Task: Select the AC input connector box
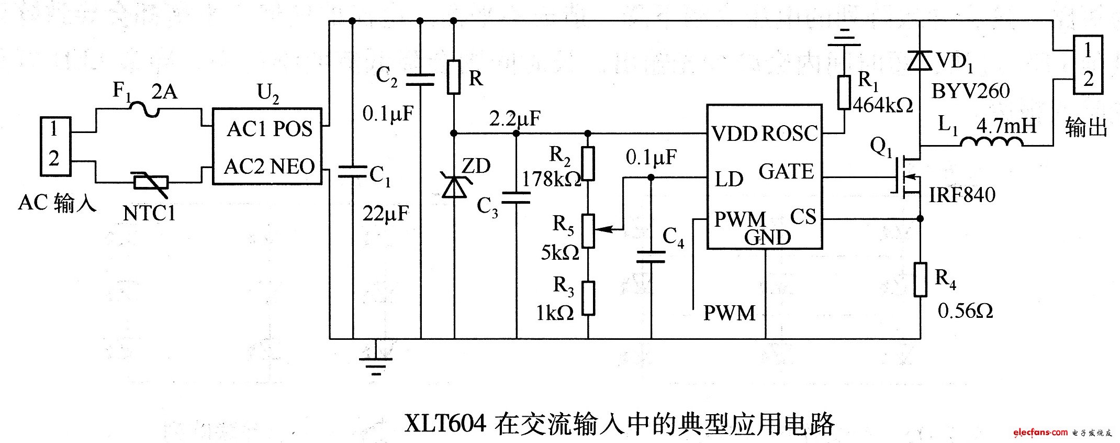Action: (x=55, y=146)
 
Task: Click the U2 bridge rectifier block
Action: (x=267, y=147)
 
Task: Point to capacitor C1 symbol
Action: (x=352, y=171)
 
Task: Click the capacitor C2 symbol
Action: (x=420, y=80)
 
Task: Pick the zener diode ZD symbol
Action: (x=454, y=186)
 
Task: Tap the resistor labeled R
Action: (x=454, y=77)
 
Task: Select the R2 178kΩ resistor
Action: (x=588, y=164)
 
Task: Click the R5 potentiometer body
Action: (x=588, y=230)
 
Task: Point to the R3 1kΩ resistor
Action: (x=588, y=298)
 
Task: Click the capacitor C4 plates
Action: (x=651, y=257)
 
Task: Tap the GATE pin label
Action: (x=786, y=172)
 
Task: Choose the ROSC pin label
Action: (x=789, y=134)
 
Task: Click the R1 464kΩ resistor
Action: (x=844, y=93)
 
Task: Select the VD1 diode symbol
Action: (x=920, y=61)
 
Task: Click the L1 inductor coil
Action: (x=991, y=142)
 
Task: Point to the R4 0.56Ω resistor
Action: (x=920, y=280)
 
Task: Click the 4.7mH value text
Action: (x=1006, y=126)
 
